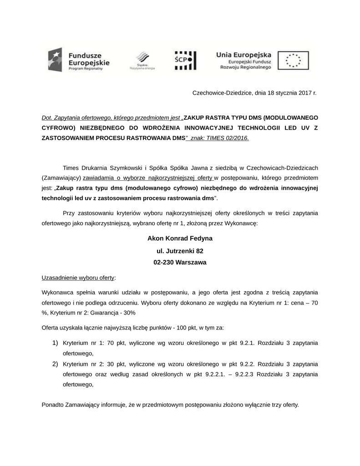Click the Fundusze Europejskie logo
coord(78,60)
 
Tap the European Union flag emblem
coord(293,60)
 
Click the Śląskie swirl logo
coord(142,59)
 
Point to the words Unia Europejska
coord(244,53)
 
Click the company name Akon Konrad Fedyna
coord(180,238)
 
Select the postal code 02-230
coord(164,263)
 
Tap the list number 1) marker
coord(55,342)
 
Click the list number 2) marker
coord(55,364)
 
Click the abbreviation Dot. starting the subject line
coord(47,117)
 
